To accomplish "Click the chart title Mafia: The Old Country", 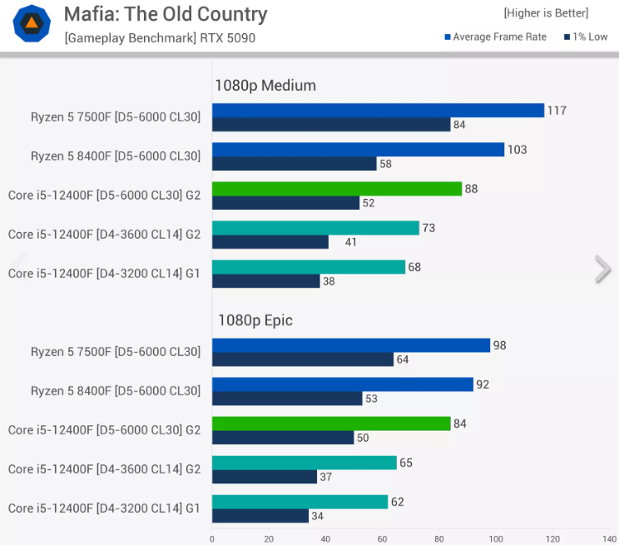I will point(166,14).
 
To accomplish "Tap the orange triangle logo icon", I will point(32,23).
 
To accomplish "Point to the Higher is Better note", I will point(546,12).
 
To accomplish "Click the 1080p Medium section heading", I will point(265,85).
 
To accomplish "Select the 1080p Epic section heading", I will point(255,320).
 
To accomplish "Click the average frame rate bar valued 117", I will point(378,111).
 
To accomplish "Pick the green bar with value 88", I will point(337,189).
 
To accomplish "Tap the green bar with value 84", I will point(331,424).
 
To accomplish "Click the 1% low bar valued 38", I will point(266,281).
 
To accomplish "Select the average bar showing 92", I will point(343,384).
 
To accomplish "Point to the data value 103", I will point(517,150).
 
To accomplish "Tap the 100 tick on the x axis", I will point(496,538).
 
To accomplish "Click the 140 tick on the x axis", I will point(609,538).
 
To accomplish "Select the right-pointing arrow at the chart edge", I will point(603,269).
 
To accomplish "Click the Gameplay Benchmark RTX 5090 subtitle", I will point(160,37).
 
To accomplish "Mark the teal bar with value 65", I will point(305,463).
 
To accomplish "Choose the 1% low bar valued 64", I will point(303,359).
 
